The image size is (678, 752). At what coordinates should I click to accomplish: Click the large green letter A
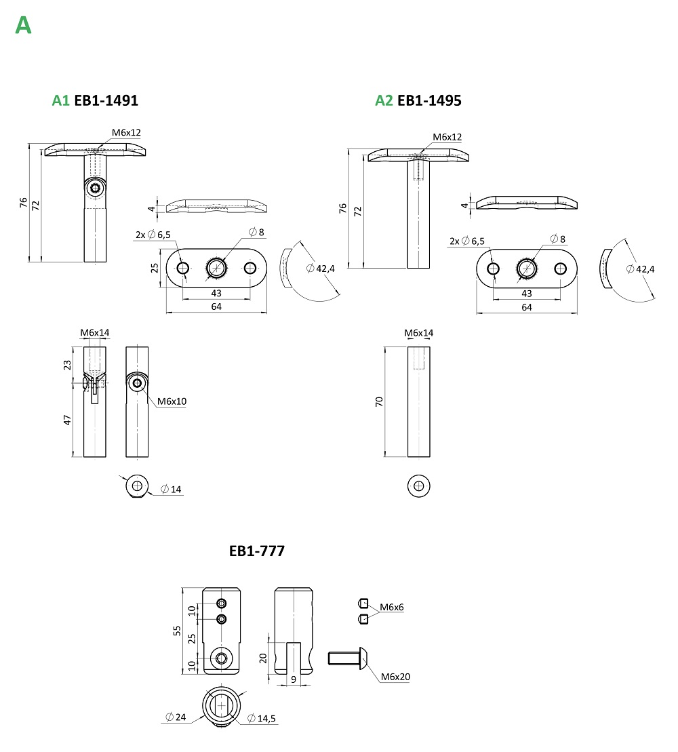[x=23, y=25]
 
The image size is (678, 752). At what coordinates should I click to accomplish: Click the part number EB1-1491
[x=106, y=100]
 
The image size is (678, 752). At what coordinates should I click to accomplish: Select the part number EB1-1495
[x=429, y=100]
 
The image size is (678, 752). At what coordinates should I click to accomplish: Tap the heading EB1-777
[x=257, y=551]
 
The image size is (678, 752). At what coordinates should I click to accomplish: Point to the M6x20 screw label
[x=395, y=677]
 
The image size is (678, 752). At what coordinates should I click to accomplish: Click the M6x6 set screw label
[x=392, y=607]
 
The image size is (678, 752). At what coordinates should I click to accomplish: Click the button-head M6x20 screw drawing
[x=349, y=658]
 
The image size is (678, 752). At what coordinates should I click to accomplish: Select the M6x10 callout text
[x=172, y=401]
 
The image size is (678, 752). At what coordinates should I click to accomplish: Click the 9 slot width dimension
[x=293, y=678]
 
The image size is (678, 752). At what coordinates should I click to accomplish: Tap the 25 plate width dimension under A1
[x=154, y=268]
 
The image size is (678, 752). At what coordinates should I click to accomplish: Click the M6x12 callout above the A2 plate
[x=447, y=137]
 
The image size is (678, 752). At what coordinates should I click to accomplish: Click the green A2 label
[x=384, y=100]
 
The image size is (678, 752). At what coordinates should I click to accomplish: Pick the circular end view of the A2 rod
[x=419, y=486]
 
